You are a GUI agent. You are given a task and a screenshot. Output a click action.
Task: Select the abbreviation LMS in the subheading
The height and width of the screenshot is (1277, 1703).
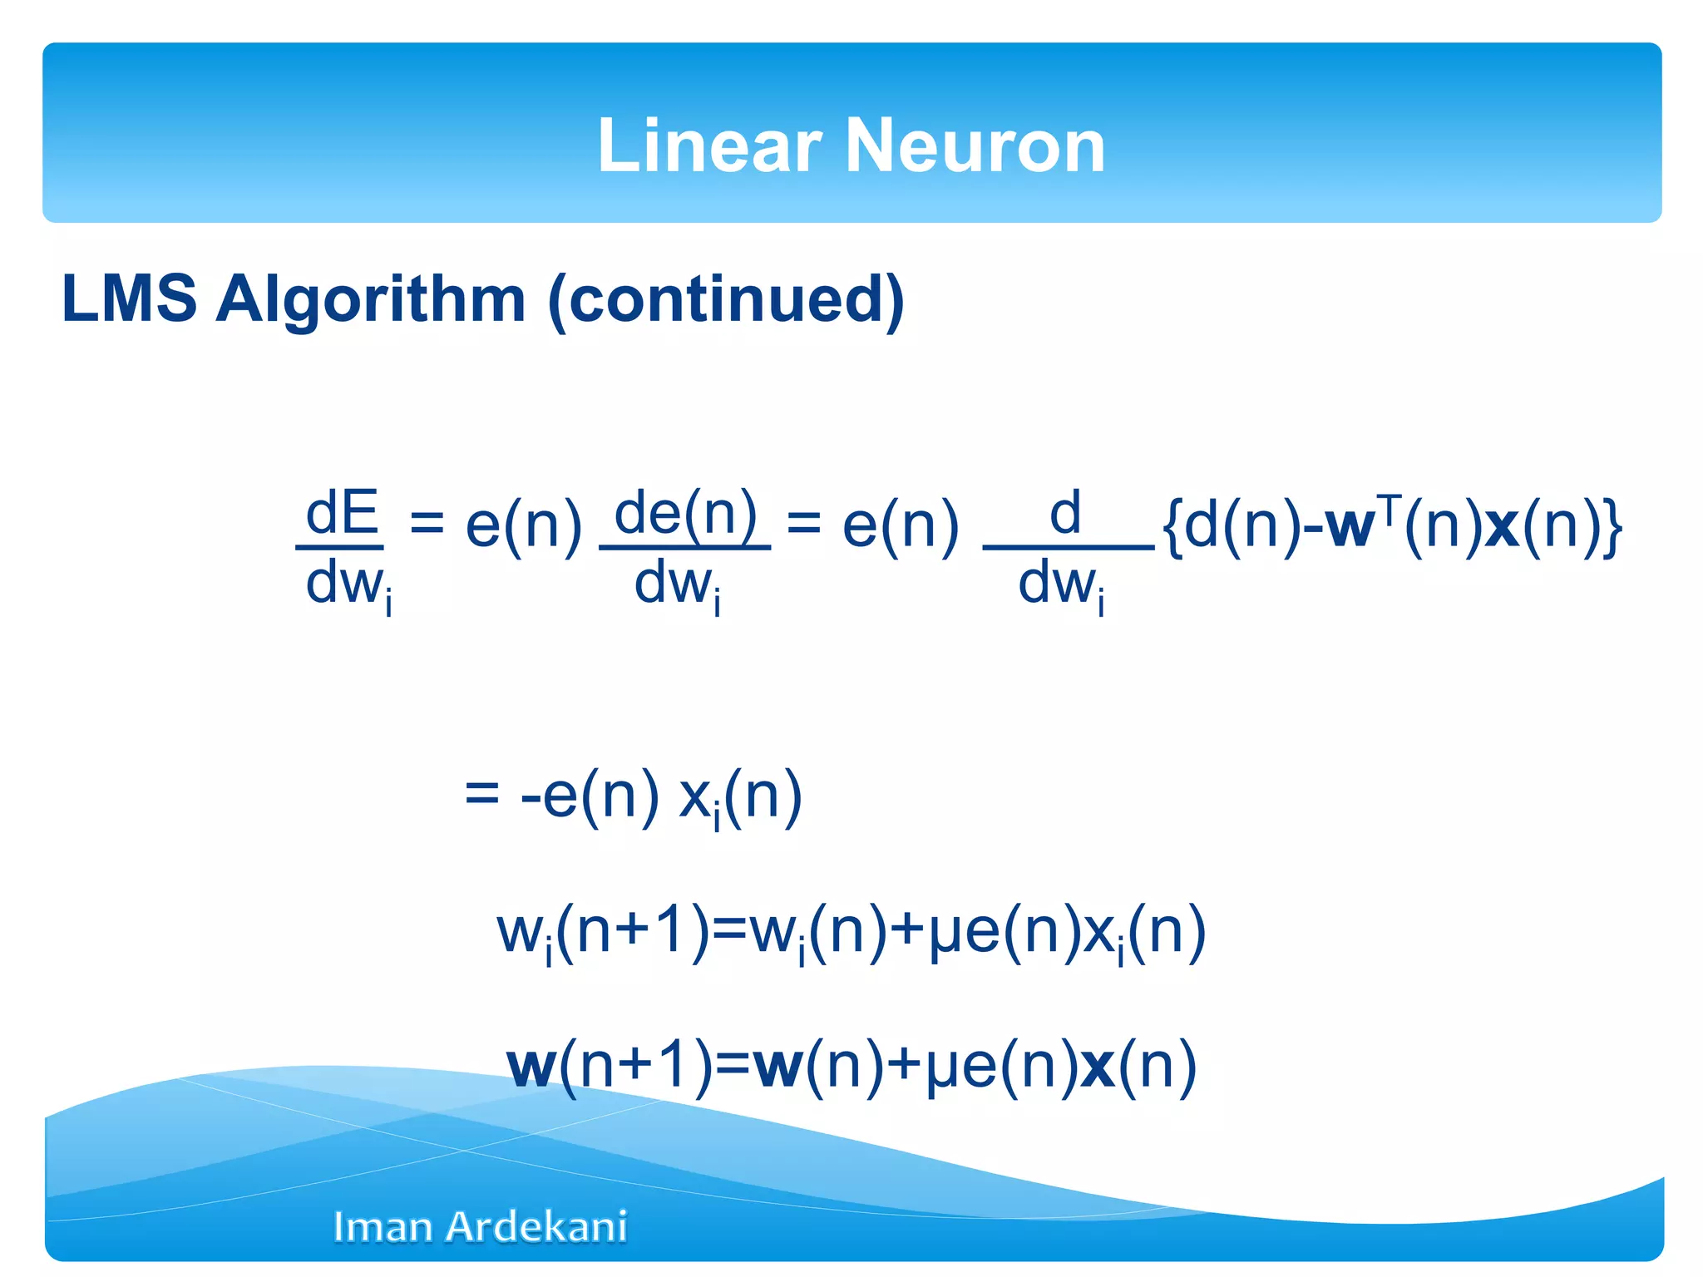coord(129,298)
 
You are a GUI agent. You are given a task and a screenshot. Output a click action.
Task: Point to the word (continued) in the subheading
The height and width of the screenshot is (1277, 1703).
coord(726,300)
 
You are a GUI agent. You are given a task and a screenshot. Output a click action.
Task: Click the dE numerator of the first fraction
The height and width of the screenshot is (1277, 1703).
coord(342,513)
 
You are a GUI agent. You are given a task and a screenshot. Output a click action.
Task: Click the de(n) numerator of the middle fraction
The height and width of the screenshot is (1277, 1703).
coord(684,513)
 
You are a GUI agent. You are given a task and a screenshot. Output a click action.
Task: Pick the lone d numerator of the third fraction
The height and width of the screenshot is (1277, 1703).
coord(1064,513)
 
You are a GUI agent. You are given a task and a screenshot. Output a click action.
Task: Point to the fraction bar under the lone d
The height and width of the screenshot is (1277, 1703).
coord(1068,548)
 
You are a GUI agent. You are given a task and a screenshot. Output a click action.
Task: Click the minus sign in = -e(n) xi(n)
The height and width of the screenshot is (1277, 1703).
coord(531,796)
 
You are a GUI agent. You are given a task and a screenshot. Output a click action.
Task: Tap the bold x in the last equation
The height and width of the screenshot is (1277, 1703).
coord(1097,1066)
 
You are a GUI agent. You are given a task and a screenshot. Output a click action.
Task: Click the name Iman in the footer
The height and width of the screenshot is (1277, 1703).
coord(385,1227)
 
